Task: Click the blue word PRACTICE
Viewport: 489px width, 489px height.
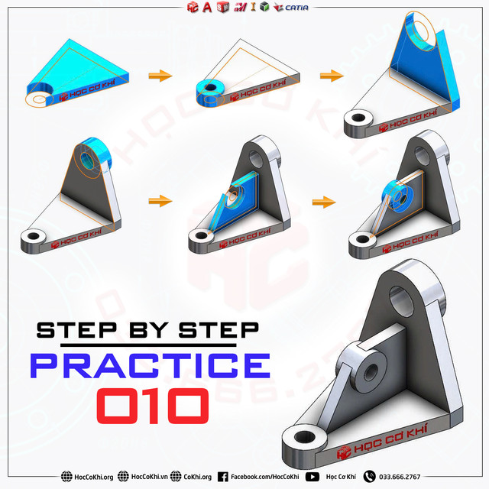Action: [x=150, y=365]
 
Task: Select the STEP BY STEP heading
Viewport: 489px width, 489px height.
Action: [x=148, y=330]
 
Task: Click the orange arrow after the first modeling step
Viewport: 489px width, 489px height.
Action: [x=159, y=75]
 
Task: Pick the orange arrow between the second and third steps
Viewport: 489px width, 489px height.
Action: [x=330, y=75]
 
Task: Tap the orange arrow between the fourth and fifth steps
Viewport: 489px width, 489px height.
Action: [x=159, y=201]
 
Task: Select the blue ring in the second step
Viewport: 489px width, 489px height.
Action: [x=208, y=89]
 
